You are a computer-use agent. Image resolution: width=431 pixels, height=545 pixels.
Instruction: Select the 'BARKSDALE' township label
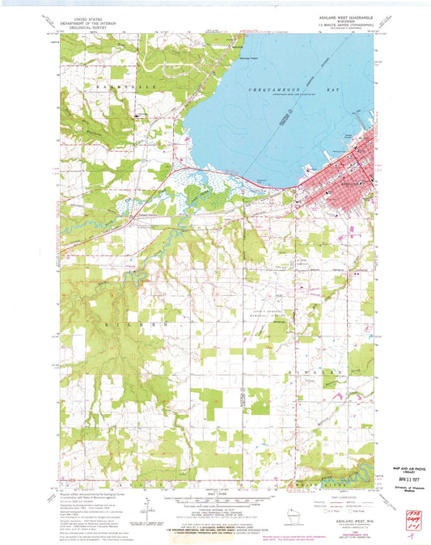(118, 84)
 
